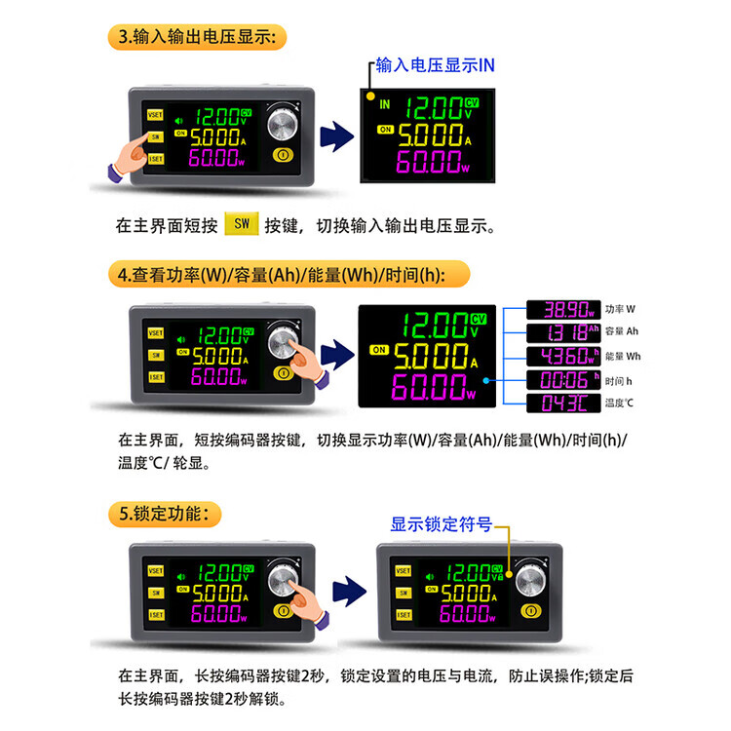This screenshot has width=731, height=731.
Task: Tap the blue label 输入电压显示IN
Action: click(436, 66)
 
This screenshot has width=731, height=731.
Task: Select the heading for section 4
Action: click(281, 275)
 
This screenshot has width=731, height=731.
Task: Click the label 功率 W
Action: click(620, 310)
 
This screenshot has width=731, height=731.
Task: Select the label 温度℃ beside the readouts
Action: click(620, 403)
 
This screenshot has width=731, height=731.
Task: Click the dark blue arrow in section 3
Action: click(335, 137)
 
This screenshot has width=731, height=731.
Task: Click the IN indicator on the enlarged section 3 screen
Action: click(384, 103)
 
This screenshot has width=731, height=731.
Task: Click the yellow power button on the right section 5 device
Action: click(531, 611)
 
